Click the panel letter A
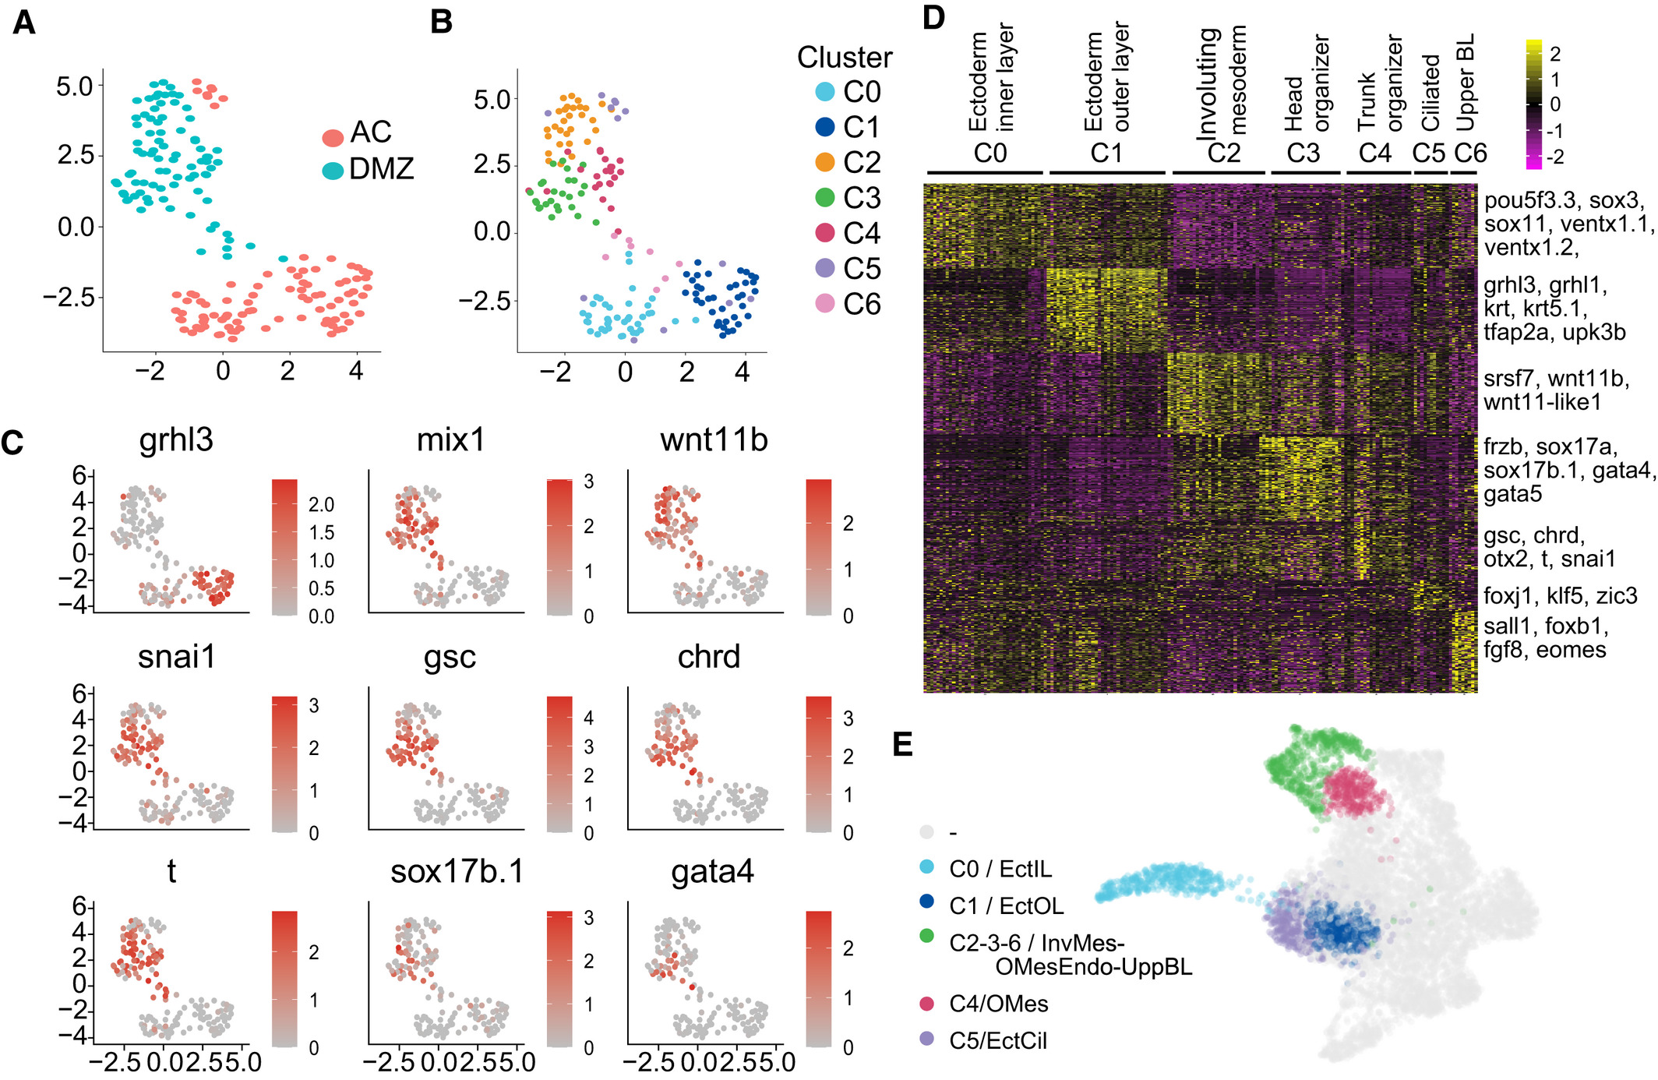[x=24, y=23]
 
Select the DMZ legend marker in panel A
[x=333, y=171]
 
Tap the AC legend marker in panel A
[x=333, y=138]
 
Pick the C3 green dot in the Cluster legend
[x=824, y=198]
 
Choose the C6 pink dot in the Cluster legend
[x=824, y=304]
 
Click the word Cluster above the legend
[x=844, y=58]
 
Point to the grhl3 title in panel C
[x=176, y=440]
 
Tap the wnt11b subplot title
[x=714, y=440]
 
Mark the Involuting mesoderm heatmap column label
[x=1222, y=82]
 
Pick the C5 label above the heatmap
[x=1429, y=153]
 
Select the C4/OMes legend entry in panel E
[x=998, y=1004]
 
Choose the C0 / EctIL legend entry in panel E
[x=1000, y=869]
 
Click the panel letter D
[x=933, y=17]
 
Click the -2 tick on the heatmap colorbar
[x=1555, y=157]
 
